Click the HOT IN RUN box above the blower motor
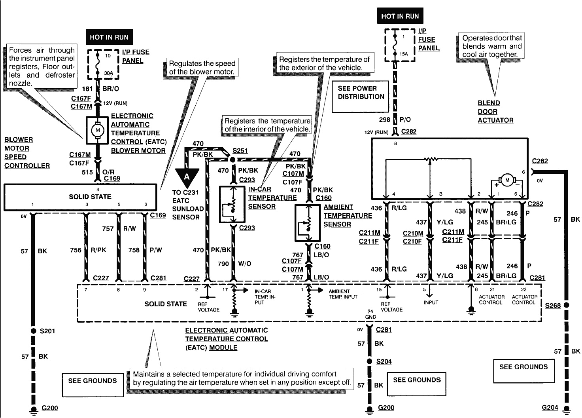click(109, 37)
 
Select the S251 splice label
click(240, 151)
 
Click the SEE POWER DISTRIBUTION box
click(360, 92)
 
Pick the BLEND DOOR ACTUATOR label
click(495, 112)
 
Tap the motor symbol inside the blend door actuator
click(507, 180)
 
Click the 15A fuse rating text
click(404, 54)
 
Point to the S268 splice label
click(552, 306)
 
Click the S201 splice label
click(47, 331)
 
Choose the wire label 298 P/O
click(395, 120)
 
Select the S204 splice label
click(384, 361)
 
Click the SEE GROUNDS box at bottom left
click(92, 381)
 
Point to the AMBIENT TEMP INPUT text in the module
click(343, 294)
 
